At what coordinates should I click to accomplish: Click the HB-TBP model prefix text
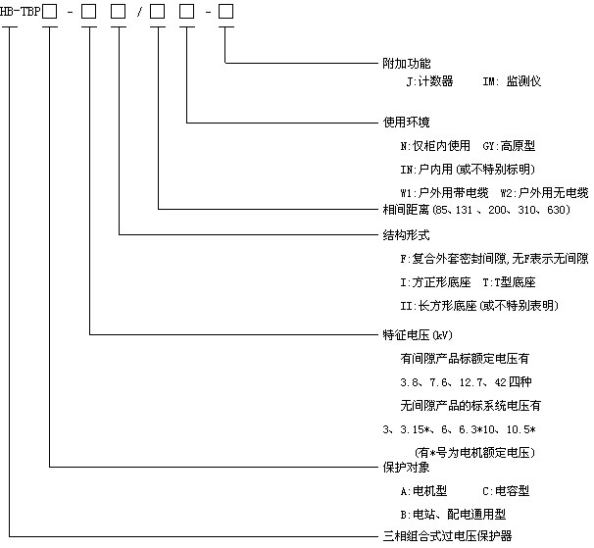(x=20, y=12)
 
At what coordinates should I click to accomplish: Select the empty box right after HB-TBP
(x=50, y=12)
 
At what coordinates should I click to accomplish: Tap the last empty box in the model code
(x=225, y=12)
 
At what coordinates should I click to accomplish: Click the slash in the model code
(x=139, y=12)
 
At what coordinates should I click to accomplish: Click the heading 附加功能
(x=407, y=63)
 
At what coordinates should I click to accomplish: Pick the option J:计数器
(x=429, y=81)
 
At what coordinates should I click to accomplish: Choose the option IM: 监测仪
(x=512, y=81)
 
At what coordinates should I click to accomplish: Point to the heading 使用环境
(x=407, y=122)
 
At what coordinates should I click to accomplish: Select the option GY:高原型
(x=509, y=145)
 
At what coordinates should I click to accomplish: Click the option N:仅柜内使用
(x=435, y=145)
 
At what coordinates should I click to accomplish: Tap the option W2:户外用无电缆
(x=544, y=193)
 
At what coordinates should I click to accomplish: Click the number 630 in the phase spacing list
(x=556, y=210)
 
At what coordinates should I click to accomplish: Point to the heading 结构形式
(x=407, y=235)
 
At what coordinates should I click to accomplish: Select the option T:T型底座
(x=509, y=282)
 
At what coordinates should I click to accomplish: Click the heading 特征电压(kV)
(x=418, y=334)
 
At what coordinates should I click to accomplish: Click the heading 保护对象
(x=407, y=467)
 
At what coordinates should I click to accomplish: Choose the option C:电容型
(x=506, y=491)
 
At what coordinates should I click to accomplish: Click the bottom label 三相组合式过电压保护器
(x=447, y=536)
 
